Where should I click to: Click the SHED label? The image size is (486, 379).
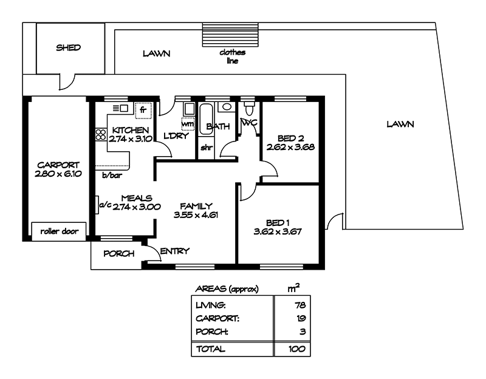tap(68, 48)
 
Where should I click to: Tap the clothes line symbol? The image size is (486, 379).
tap(230, 35)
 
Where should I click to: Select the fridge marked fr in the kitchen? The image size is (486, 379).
tap(143, 111)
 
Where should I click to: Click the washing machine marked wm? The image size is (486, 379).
tap(188, 124)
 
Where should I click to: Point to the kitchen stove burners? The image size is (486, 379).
tap(101, 135)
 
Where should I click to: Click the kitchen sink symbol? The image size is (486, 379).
tap(120, 108)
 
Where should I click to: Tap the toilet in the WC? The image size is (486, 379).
tap(249, 109)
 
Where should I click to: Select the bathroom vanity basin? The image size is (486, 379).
tap(227, 107)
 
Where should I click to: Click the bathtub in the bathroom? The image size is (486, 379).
tap(205, 118)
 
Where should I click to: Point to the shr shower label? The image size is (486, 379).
tap(207, 148)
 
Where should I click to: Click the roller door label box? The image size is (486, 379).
tap(59, 231)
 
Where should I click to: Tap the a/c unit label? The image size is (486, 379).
tap(105, 205)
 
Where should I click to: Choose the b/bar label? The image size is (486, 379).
tap(112, 176)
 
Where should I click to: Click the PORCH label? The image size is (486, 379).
tap(118, 253)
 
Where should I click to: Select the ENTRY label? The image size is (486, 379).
tap(174, 251)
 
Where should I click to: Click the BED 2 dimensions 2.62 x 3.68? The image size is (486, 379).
tap(290, 147)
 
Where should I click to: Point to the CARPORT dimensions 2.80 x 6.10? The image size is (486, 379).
tap(58, 174)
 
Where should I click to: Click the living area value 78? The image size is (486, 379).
tap(300, 306)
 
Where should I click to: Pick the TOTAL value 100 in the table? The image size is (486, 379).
tap(297, 349)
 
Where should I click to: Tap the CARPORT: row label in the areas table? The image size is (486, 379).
tap(217, 318)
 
